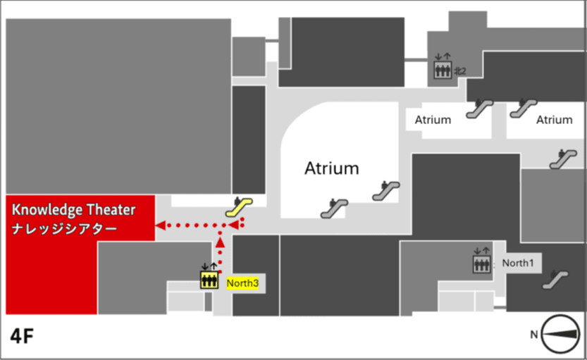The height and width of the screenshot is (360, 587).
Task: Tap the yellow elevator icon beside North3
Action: click(x=209, y=278)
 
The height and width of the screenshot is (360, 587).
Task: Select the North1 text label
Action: click(x=517, y=263)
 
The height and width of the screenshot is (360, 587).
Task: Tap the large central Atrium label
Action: click(x=331, y=169)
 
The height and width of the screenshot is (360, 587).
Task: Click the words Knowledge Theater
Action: click(x=73, y=210)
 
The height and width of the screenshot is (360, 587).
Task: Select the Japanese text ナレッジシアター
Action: click(x=64, y=229)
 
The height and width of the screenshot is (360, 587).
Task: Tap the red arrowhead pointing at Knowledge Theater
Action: click(x=160, y=225)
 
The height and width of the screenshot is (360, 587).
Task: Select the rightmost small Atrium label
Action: click(x=554, y=120)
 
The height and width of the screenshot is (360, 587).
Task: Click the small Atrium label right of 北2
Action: click(x=433, y=120)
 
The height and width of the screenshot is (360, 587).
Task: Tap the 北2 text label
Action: click(x=460, y=71)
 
